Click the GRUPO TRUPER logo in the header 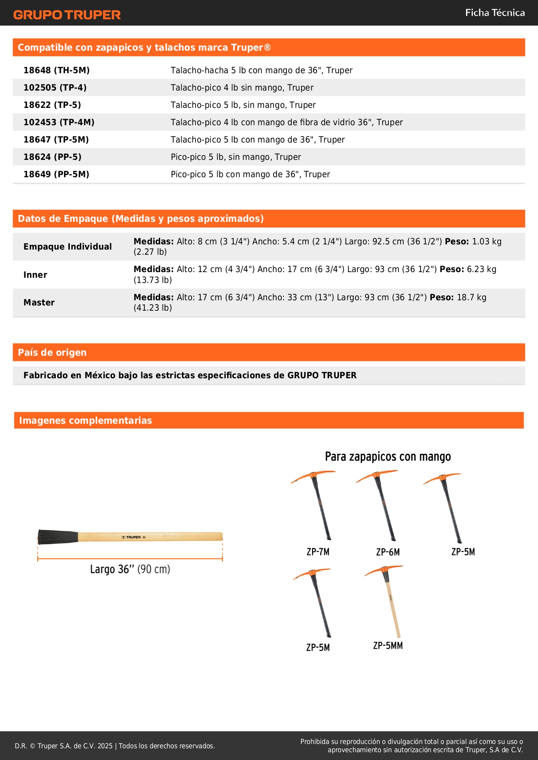click(67, 15)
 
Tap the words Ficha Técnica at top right click(495, 13)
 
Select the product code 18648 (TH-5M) click(56, 70)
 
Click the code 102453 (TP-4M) click(59, 122)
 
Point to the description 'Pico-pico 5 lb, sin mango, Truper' click(235, 157)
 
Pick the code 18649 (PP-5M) click(56, 174)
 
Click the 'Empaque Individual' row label click(68, 247)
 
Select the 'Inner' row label click(35, 275)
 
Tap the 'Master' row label click(39, 302)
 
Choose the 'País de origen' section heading click(52, 352)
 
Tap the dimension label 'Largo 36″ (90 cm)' click(130, 569)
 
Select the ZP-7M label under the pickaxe click(318, 552)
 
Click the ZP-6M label click(388, 552)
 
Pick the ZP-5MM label click(388, 646)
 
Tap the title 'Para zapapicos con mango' click(388, 457)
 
